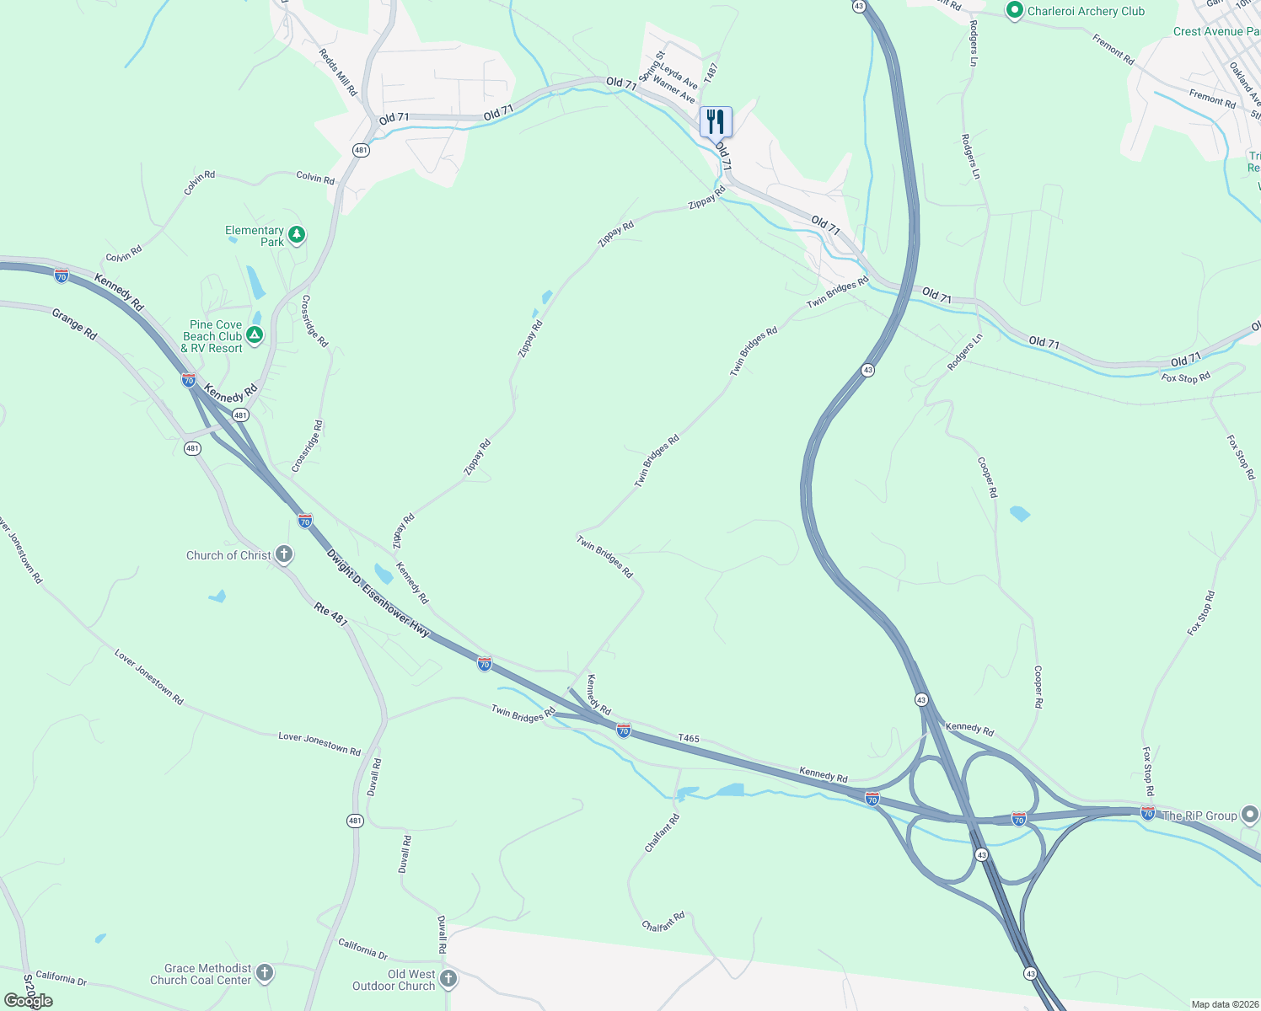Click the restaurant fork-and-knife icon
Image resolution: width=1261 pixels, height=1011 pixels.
point(716,122)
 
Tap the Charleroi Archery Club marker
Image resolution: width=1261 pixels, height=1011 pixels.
point(1014,11)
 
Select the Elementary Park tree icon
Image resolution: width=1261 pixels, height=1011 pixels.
point(296,235)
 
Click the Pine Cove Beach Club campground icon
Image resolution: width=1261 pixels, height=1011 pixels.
point(255,335)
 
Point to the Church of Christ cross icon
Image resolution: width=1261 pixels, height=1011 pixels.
point(284,554)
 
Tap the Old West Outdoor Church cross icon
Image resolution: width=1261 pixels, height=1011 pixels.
point(448,979)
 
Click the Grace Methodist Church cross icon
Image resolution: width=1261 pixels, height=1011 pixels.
point(265,974)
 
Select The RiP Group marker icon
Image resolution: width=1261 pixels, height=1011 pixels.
point(1250,815)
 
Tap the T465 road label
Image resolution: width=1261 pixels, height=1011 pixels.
point(689,738)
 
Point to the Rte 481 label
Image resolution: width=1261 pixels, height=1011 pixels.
point(331,614)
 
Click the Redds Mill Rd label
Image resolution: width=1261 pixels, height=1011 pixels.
point(338,72)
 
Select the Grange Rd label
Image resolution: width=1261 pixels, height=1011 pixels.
point(74,324)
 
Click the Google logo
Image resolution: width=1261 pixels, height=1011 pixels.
point(28,1001)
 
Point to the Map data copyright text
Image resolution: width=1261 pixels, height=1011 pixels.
point(1224,1004)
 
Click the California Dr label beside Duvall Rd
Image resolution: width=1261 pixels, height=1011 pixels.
point(362,949)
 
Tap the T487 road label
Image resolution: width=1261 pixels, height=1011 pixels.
point(711,73)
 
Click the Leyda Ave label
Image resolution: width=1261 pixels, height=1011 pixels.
point(679,76)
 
